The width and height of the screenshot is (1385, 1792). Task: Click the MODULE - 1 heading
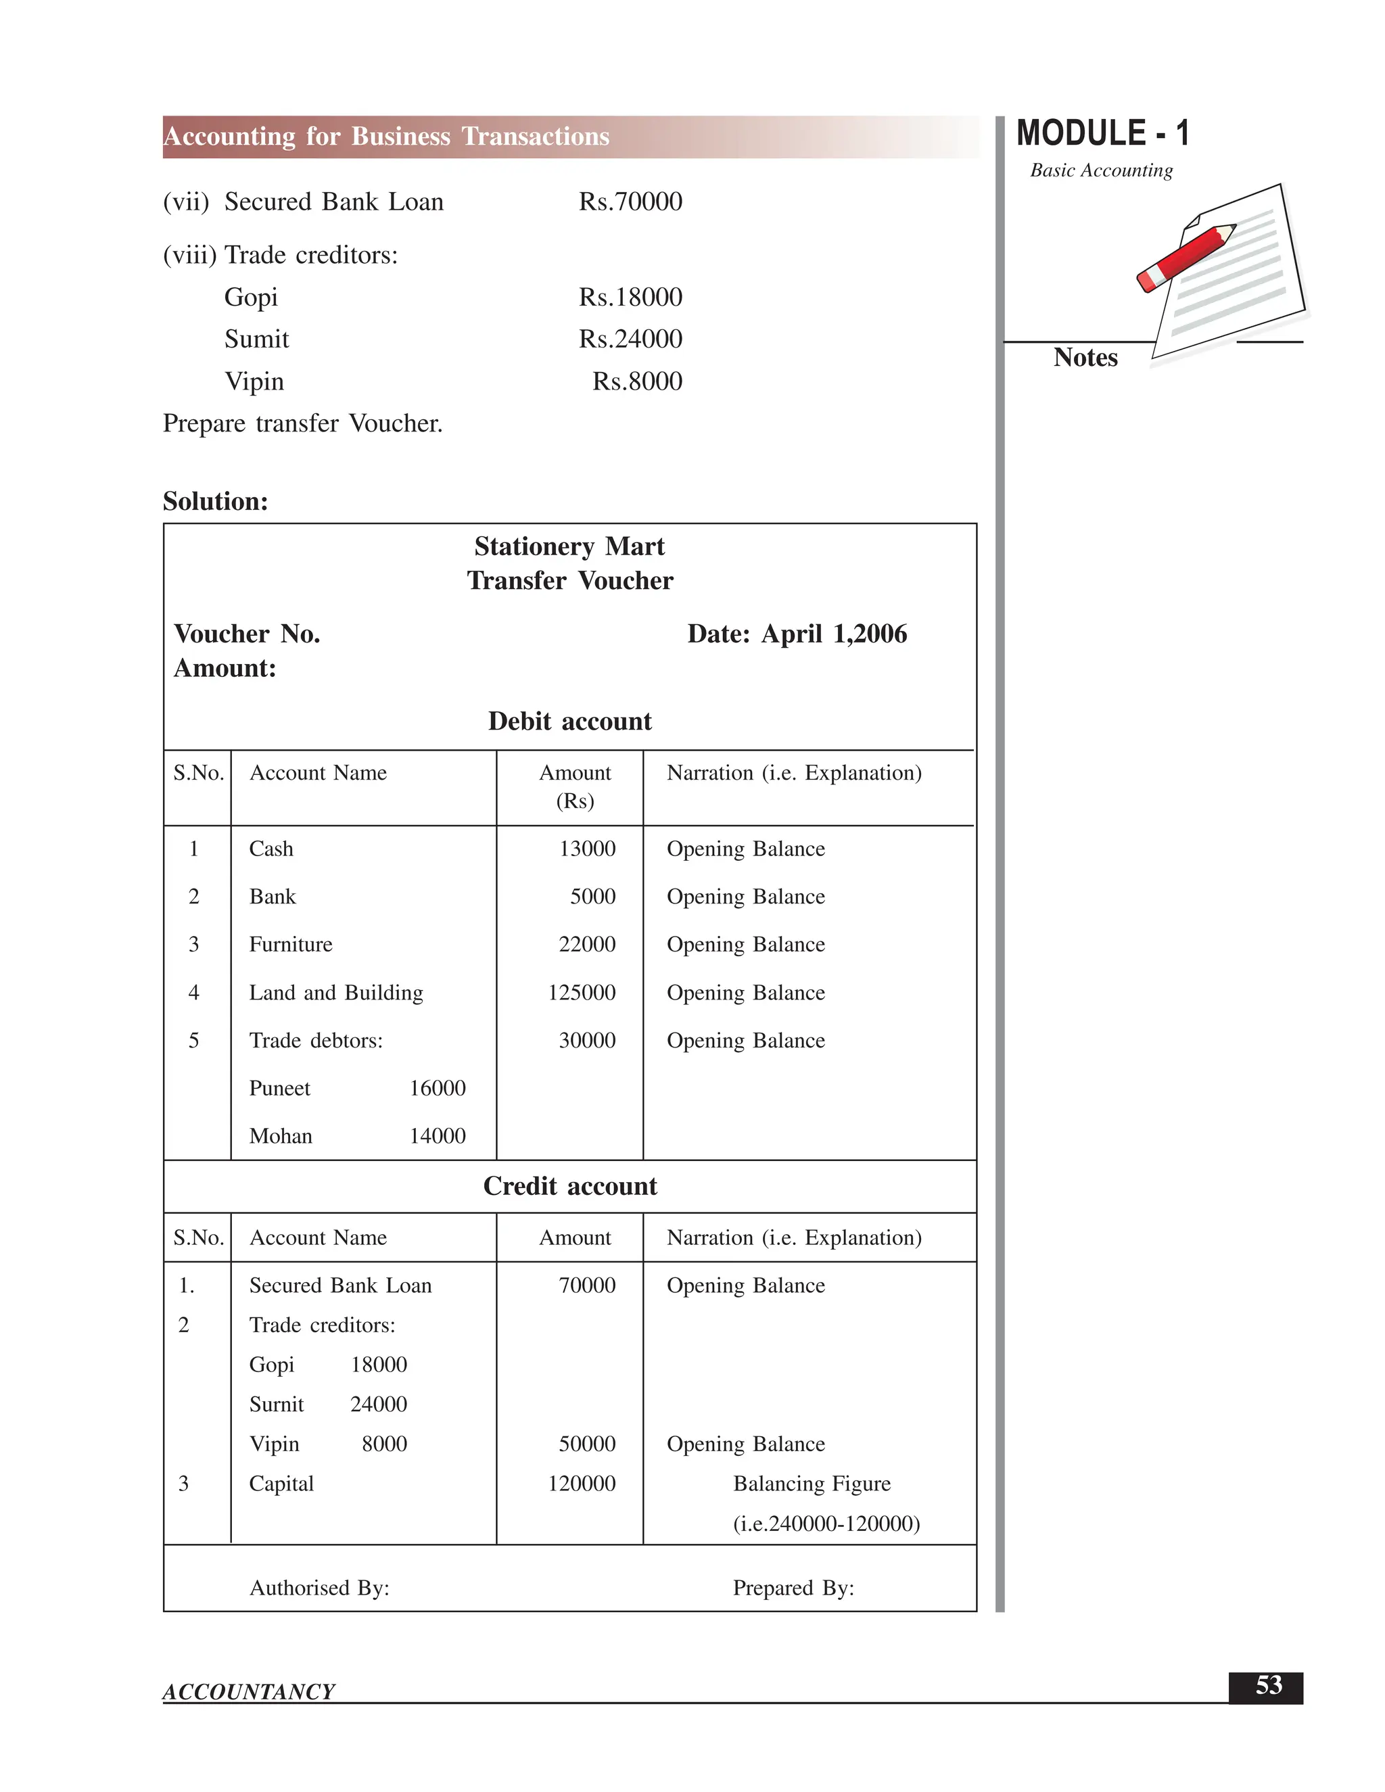1102,134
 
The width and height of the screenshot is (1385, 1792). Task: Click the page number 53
1268,1685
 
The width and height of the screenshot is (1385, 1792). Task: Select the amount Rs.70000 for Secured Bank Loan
630,202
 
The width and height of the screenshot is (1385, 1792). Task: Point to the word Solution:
215,501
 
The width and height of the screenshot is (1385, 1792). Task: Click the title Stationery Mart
569,546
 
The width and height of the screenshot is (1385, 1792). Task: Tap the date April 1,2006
834,634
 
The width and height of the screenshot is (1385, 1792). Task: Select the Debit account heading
569,722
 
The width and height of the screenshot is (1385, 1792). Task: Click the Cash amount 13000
586,849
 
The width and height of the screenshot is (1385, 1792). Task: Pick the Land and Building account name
335,993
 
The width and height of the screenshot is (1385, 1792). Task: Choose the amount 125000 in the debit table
581,993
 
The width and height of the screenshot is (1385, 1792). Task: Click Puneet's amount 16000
438,1089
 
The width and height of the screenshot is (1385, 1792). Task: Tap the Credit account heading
569,1187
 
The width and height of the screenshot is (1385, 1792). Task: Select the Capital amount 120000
581,1484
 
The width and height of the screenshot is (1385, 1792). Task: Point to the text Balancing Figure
812,1484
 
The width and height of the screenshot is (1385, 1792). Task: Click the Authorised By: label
319,1588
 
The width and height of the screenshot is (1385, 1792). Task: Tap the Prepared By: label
793,1588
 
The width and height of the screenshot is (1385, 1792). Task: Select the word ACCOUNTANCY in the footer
249,1692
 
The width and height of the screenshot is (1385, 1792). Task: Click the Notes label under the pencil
1085,358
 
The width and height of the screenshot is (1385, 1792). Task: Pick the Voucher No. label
247,634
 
